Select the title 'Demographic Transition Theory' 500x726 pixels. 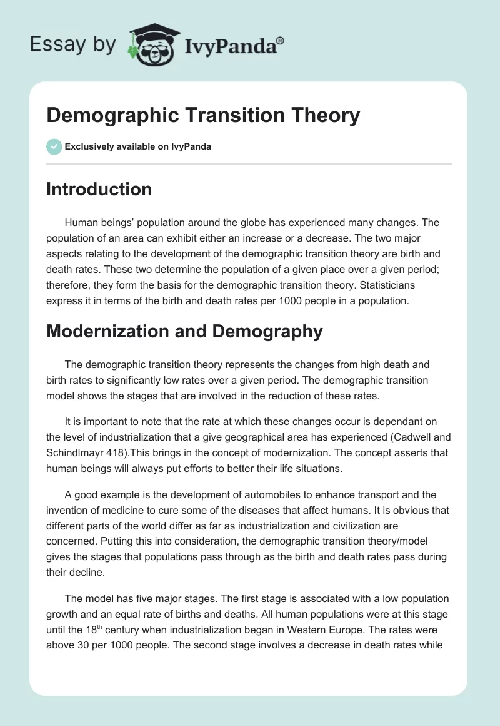click(x=203, y=115)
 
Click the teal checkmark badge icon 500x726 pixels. click(x=54, y=146)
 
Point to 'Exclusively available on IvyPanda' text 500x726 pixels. click(x=137, y=147)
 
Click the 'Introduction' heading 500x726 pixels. click(x=99, y=189)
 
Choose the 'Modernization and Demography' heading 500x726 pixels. click(x=184, y=331)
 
